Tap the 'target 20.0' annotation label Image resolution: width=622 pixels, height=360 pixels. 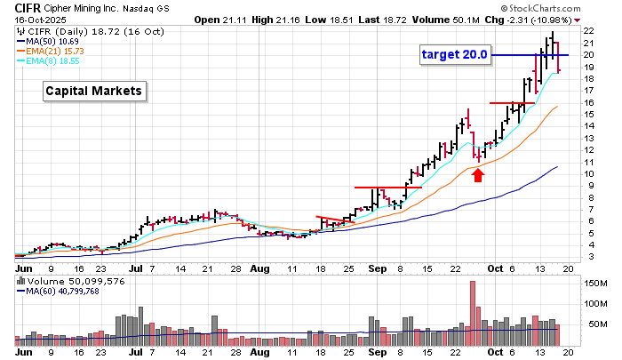pos(455,55)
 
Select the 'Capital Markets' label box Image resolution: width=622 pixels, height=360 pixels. pos(93,91)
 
